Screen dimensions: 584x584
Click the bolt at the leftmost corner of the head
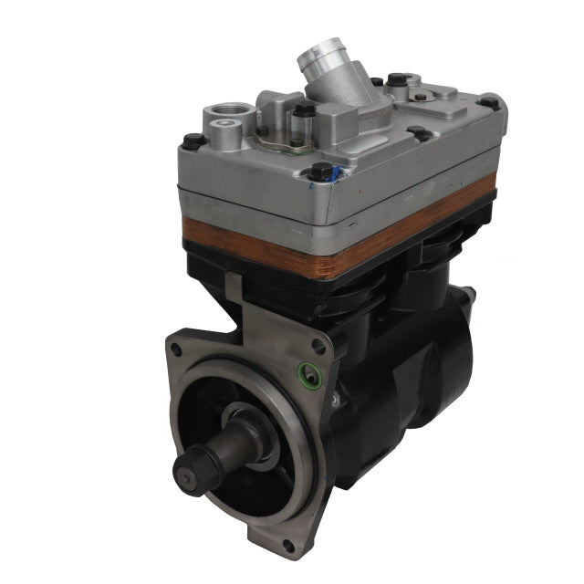193,141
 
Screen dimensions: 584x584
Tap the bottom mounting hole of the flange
288,544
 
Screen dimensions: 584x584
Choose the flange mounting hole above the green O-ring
317,346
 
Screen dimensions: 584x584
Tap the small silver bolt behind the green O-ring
337,400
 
